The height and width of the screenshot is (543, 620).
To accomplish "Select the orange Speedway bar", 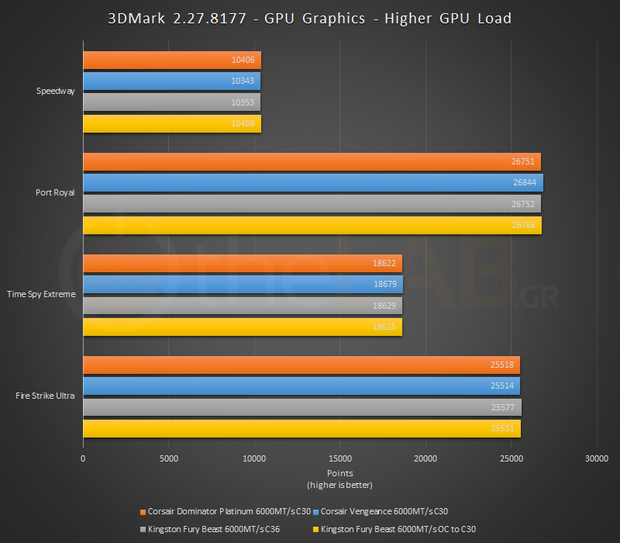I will (x=172, y=61).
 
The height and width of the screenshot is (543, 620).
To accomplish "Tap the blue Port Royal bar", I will (x=312, y=183).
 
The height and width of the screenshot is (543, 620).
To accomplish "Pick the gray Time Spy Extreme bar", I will (x=242, y=306).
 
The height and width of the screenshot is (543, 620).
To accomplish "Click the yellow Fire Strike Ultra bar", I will (x=301, y=428).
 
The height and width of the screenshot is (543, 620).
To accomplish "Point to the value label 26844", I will (x=524, y=183).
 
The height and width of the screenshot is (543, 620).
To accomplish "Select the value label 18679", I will (x=385, y=285).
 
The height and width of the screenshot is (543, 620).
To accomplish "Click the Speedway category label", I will (x=56, y=91).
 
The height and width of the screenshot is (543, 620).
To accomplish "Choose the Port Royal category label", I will (x=56, y=192).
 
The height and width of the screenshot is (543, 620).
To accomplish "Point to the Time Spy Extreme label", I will (x=41, y=294).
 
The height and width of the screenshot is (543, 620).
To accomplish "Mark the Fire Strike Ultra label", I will (x=45, y=396).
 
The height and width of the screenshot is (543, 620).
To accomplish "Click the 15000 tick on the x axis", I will (x=339, y=458).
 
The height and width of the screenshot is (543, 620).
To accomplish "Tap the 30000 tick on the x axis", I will (x=596, y=458).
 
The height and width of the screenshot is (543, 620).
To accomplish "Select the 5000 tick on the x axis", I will (x=168, y=458).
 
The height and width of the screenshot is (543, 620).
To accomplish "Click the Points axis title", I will (x=339, y=472).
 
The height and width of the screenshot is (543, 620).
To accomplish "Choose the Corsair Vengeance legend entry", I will (x=384, y=511).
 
